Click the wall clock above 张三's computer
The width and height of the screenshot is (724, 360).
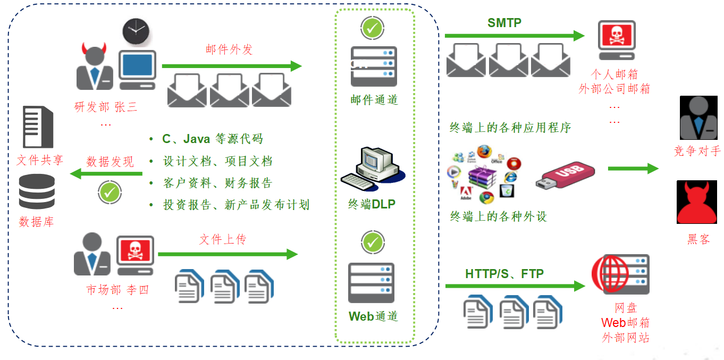137,33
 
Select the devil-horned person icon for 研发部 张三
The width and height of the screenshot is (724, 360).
95,68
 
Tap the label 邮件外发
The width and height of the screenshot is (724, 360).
229,50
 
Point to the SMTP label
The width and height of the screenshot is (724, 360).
504,23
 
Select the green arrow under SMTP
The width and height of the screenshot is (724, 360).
514,36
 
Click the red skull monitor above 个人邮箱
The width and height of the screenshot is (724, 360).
617,40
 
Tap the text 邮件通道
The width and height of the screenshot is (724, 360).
374,100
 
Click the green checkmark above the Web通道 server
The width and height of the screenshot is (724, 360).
373,243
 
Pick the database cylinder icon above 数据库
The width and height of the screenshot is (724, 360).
37,191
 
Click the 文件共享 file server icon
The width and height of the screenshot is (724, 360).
38,127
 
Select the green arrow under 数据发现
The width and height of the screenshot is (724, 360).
107,174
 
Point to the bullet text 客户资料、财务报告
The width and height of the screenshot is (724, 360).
217,183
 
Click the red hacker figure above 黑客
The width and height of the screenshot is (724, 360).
696,203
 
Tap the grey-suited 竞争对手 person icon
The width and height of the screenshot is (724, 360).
698,118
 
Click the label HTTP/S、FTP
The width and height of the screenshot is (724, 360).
504,274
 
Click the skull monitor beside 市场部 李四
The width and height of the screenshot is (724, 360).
136,255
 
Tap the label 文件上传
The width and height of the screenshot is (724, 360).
222,240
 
